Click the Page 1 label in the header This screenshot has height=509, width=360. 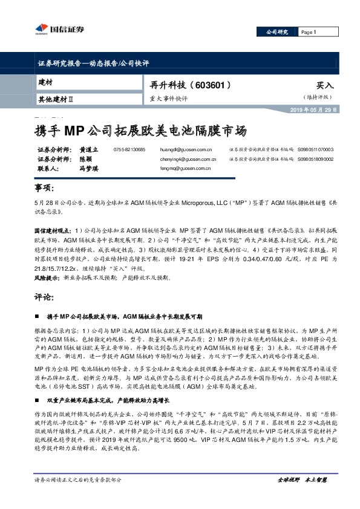309,32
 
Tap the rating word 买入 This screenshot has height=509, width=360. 325,86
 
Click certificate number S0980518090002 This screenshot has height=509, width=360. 316,160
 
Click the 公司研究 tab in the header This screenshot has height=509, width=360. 275,32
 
